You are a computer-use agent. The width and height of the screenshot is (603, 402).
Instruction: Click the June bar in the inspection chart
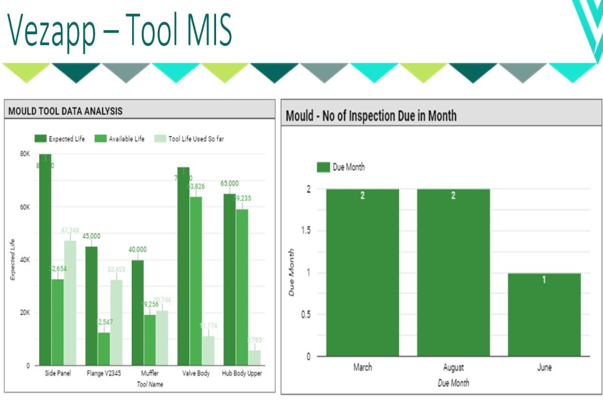click(544, 315)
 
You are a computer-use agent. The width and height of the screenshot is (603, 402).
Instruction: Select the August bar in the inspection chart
click(453, 272)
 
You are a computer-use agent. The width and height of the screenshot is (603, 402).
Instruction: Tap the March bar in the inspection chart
click(362, 272)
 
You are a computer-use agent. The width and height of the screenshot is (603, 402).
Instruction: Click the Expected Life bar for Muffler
click(138, 313)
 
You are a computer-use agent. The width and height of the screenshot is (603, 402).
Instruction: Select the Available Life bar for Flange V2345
click(104, 349)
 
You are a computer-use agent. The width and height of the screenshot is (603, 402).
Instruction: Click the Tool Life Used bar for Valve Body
click(208, 351)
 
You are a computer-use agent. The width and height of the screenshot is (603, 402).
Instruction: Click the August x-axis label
click(453, 367)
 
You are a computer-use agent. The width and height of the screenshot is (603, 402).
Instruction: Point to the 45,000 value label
click(91, 236)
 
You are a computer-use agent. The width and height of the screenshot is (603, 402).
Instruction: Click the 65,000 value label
click(230, 183)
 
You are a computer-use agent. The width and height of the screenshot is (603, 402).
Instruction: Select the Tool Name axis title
click(150, 384)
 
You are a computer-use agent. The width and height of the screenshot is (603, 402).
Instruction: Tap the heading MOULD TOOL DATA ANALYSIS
click(65, 111)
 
